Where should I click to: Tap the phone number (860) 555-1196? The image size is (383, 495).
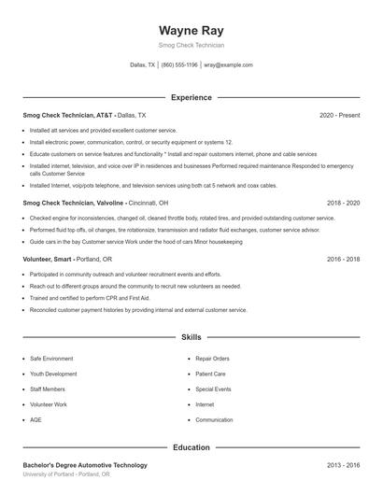pos(179,65)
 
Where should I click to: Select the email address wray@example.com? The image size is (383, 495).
pos(229,65)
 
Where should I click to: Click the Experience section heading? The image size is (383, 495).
pos(191,97)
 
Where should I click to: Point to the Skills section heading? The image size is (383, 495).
pos(191,336)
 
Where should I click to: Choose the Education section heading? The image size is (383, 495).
pos(191,447)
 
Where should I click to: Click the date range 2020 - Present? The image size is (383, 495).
pos(339,115)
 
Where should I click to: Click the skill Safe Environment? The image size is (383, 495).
pos(51,359)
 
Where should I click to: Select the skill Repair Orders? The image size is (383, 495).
pos(212,359)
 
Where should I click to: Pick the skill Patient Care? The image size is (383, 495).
pos(210,374)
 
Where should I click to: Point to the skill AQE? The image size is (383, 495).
pos(35,420)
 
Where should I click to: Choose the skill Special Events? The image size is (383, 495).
pos(213,389)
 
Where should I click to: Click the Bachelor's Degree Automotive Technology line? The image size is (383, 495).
pos(85,465)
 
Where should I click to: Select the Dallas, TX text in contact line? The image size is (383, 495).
pos(143,65)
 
